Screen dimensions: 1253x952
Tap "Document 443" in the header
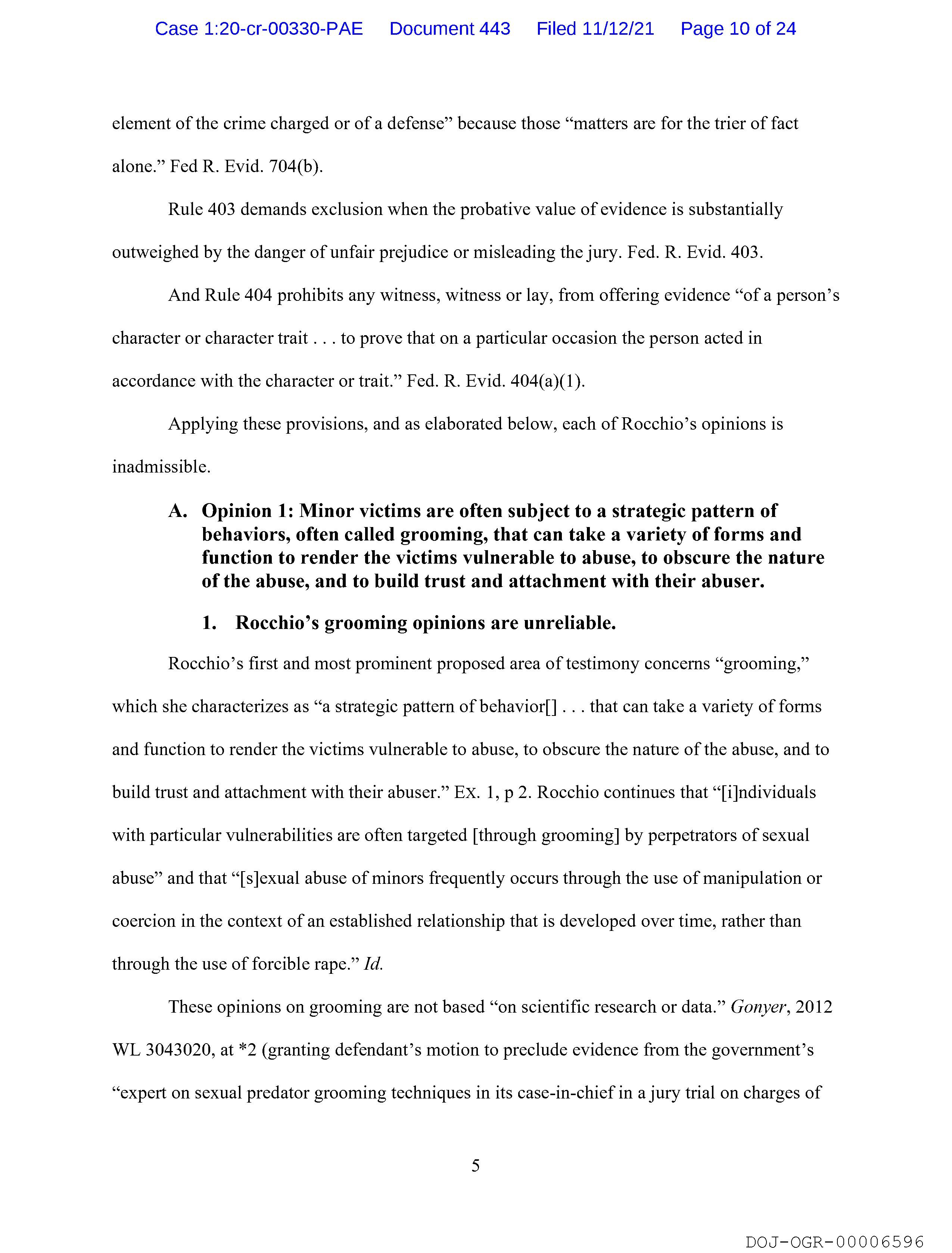(449, 29)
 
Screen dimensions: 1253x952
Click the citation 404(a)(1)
(547, 381)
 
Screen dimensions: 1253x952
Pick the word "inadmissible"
(161, 467)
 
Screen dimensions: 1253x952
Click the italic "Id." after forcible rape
(373, 964)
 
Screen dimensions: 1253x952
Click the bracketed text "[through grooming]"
(546, 836)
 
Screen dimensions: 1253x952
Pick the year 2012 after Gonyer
(814, 1007)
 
